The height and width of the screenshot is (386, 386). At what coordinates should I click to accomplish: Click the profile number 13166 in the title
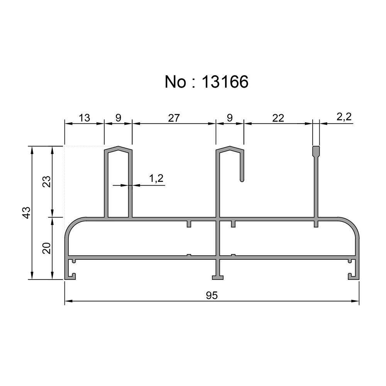pyautogui.click(x=225, y=82)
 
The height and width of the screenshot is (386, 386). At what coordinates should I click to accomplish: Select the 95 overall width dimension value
pyautogui.click(x=212, y=296)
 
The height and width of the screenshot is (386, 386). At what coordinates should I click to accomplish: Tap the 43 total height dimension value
pyautogui.click(x=26, y=212)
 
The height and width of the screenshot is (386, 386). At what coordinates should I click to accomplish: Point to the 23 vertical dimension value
pyautogui.click(x=46, y=181)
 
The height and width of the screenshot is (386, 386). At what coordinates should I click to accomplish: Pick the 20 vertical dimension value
pyautogui.click(x=46, y=248)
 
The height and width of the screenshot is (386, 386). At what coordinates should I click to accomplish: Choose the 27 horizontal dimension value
pyautogui.click(x=174, y=118)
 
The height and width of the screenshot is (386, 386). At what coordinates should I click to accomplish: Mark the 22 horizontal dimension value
pyautogui.click(x=278, y=118)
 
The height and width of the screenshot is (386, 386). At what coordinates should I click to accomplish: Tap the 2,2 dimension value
pyautogui.click(x=344, y=117)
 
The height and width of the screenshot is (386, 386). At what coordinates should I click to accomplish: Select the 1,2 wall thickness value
pyautogui.click(x=156, y=178)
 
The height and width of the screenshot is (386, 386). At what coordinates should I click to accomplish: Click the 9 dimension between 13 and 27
pyautogui.click(x=118, y=118)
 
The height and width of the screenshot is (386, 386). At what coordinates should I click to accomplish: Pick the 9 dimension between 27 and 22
pyautogui.click(x=230, y=118)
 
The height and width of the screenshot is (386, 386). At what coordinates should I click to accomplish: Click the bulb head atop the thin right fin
pyautogui.click(x=316, y=150)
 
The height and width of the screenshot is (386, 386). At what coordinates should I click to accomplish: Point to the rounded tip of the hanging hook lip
pyautogui.click(x=242, y=179)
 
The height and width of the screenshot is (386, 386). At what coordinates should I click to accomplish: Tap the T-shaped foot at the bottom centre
pyautogui.click(x=218, y=277)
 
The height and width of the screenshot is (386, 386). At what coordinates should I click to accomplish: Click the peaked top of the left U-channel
pyautogui.click(x=118, y=148)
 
